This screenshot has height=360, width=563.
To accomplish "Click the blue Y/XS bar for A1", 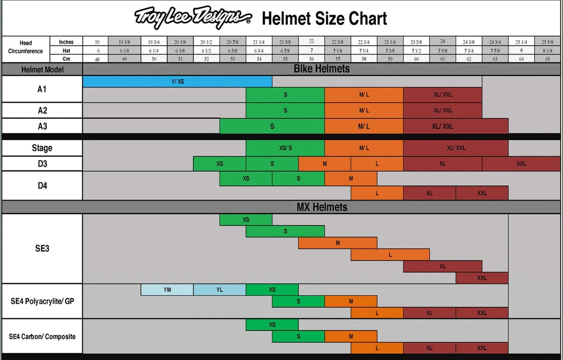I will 177,81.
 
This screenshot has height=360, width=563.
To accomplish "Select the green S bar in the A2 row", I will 285,110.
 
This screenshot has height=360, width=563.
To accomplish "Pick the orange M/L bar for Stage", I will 364,148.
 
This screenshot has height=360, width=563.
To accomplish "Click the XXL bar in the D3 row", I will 521,164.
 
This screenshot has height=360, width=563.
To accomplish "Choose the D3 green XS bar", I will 219,164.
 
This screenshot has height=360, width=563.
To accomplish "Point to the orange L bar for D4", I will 377,193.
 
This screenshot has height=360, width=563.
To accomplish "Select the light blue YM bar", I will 167,290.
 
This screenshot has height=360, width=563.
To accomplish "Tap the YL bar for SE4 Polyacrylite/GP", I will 219,290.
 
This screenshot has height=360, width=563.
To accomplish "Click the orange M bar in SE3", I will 338,243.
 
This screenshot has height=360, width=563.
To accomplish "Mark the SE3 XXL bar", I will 482,278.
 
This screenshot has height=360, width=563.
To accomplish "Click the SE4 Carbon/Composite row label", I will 42,337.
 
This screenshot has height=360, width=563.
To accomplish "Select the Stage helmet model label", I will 42,148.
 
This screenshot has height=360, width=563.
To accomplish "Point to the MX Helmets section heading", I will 322,207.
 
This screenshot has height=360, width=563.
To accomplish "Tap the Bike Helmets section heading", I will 322,69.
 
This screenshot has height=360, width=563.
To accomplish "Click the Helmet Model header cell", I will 42,69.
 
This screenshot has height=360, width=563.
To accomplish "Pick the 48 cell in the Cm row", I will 95,59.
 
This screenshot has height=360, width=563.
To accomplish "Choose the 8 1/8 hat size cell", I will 547,51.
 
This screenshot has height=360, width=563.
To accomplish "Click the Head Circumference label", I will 26,47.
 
